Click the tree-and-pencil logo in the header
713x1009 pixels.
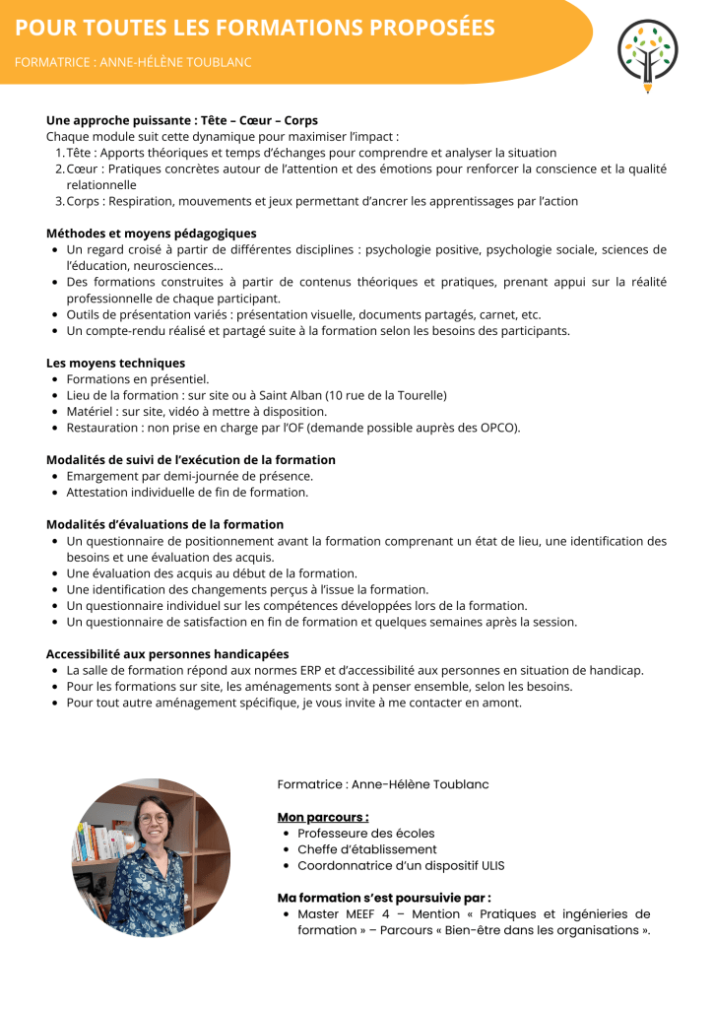647,53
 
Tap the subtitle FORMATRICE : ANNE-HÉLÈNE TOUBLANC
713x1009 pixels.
133,62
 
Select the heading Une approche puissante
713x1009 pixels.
118,121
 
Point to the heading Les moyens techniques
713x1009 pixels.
115,363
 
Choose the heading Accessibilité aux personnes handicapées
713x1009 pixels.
167,653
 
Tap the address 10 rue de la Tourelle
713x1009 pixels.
388,395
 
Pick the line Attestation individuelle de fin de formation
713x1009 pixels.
187,492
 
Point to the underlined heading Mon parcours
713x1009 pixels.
323,817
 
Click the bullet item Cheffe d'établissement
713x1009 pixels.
367,849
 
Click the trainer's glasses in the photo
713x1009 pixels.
153,818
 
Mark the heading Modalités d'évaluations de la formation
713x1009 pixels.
164,524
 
